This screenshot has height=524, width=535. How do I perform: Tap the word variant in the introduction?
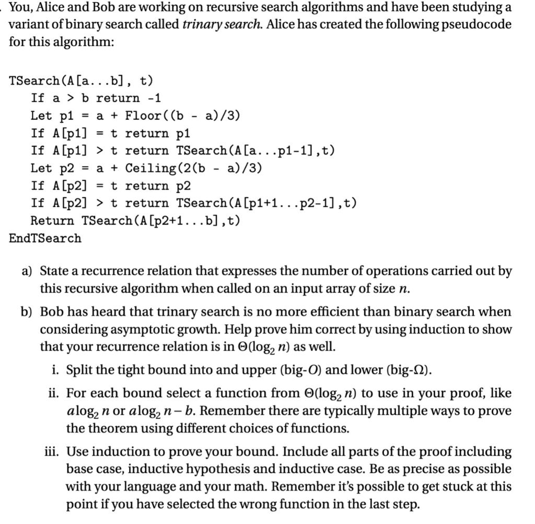coord(29,25)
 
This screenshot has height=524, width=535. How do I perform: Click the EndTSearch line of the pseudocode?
coord(45,238)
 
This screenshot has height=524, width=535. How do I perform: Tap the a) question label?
coord(27,271)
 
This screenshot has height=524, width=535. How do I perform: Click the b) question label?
coord(27,312)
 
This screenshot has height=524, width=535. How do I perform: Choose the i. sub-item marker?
coord(55,370)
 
